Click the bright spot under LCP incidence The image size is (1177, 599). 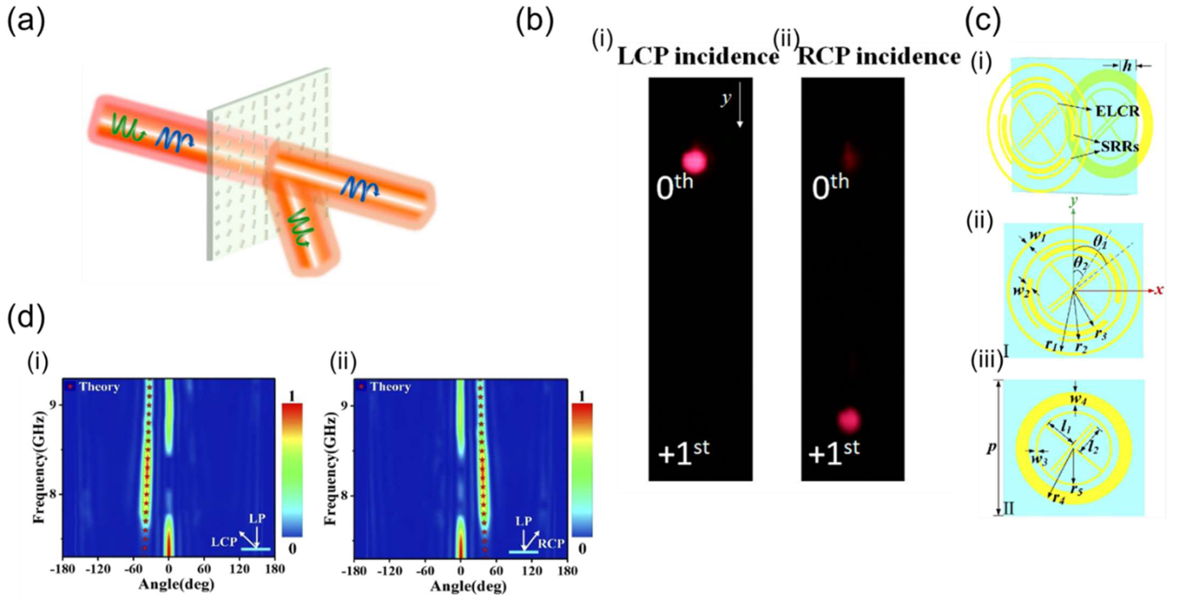point(694,160)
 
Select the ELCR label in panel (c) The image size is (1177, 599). point(1117,111)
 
